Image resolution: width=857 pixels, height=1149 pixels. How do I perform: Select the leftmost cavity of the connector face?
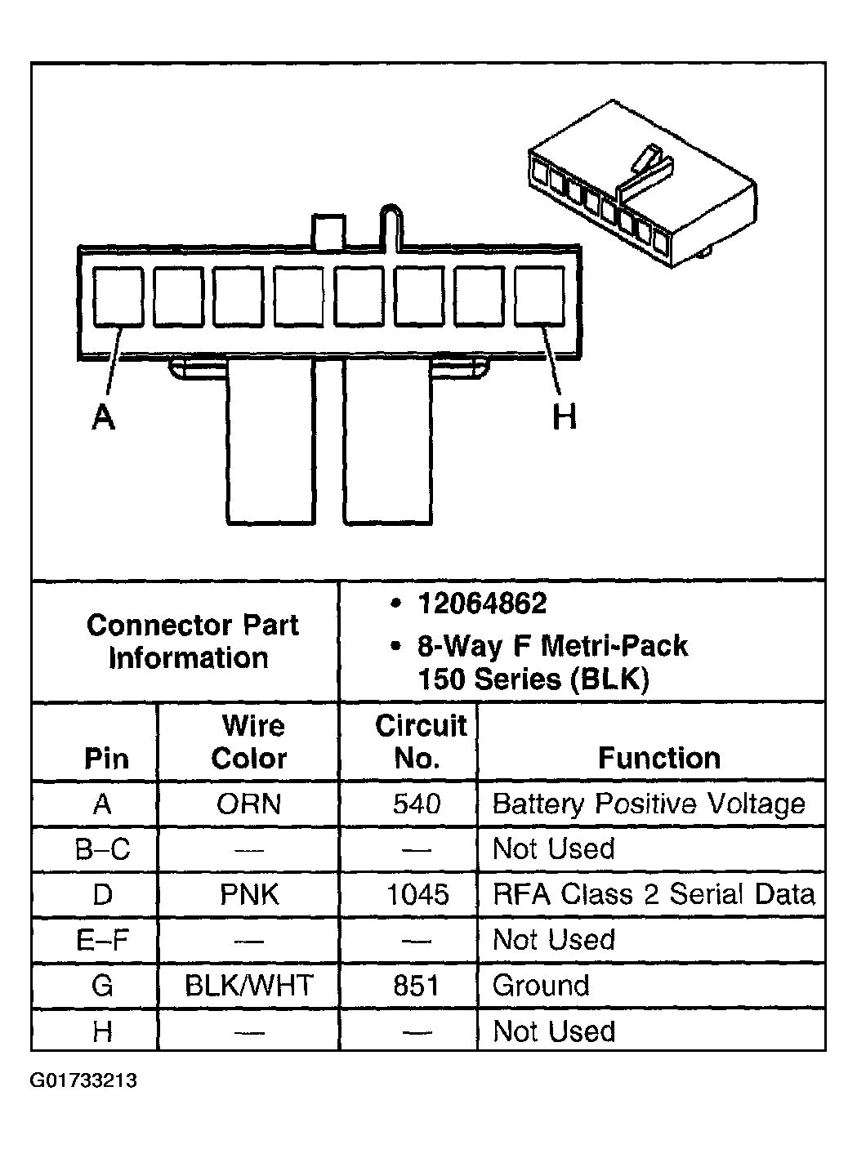(x=119, y=297)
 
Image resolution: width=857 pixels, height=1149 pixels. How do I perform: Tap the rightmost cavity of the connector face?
(x=540, y=297)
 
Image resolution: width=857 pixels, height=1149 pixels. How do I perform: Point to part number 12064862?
(x=482, y=604)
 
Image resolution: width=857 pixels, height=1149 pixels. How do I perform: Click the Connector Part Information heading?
(x=192, y=641)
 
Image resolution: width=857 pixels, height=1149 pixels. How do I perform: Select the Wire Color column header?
(x=249, y=742)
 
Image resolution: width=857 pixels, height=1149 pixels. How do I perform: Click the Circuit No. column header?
(x=419, y=742)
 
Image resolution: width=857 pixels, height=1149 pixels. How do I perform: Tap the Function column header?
(x=659, y=758)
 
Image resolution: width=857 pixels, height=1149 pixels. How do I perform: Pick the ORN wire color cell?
(x=248, y=804)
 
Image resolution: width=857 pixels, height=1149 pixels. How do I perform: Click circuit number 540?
(x=417, y=804)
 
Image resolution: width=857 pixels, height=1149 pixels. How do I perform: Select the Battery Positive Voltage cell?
(x=649, y=804)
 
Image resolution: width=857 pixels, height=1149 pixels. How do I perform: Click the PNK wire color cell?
(x=249, y=895)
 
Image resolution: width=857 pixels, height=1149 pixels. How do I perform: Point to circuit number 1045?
(x=417, y=895)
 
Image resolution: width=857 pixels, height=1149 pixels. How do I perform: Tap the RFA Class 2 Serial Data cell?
(x=654, y=894)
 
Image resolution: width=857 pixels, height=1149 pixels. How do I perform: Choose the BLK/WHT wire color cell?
(x=249, y=986)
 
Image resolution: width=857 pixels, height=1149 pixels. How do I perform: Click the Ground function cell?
(x=541, y=986)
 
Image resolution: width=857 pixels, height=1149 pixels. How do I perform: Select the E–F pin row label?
(x=102, y=941)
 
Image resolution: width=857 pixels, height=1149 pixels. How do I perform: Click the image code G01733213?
(x=84, y=1081)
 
